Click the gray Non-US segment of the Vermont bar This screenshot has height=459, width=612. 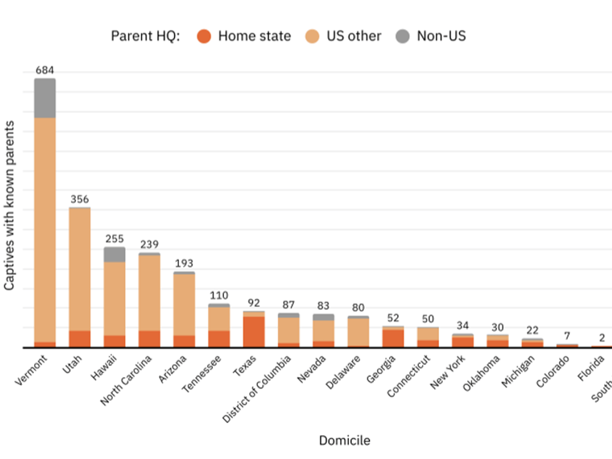coord(45,98)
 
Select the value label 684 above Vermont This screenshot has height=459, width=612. coord(45,70)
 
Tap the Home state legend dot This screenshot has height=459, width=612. coord(204,36)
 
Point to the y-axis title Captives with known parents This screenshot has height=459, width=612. coord(9,206)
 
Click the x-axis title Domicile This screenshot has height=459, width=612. coord(345,440)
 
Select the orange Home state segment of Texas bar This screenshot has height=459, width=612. coord(254,331)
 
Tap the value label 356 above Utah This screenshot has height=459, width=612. coord(80,199)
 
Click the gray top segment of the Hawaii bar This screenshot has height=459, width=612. coord(114,254)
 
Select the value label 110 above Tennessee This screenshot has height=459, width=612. coord(219,295)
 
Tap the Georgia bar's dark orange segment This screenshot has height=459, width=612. coord(393,338)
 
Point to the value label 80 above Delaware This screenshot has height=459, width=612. coord(358,308)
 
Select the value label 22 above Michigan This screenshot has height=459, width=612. coord(532,330)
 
